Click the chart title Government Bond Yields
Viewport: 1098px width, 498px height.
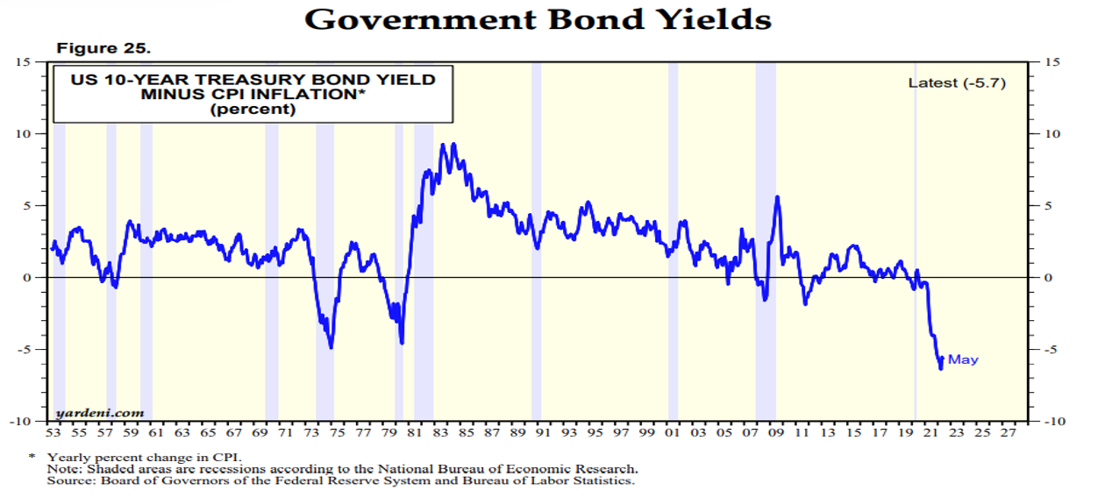(538, 18)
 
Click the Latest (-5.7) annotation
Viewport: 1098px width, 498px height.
(956, 82)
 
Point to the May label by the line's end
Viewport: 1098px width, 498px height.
(963, 359)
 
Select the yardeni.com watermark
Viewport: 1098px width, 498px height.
(99, 412)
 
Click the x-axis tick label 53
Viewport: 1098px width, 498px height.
(53, 433)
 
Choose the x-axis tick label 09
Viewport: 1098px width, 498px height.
(775, 433)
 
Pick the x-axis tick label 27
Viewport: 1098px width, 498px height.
(1008, 433)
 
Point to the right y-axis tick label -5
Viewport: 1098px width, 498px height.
(1048, 349)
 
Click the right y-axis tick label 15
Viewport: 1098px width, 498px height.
(1049, 61)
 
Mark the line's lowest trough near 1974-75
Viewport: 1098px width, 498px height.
(331, 347)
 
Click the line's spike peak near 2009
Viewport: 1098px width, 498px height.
(777, 196)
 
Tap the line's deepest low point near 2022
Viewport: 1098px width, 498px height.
(941, 368)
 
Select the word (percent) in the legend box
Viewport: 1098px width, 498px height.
(253, 110)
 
